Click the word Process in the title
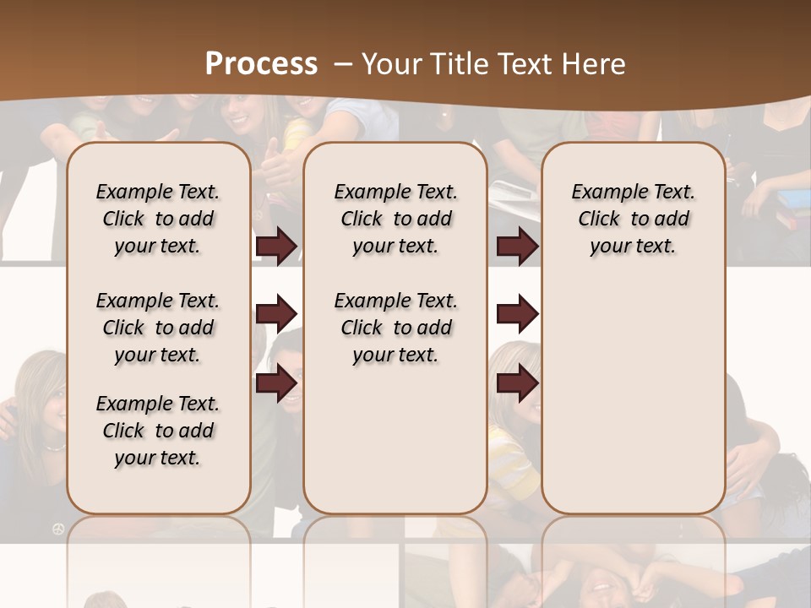point(261,64)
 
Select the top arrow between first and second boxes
point(276,247)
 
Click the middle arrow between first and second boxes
point(276,315)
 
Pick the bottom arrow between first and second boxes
point(276,383)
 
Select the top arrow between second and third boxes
point(517,247)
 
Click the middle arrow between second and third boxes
point(517,315)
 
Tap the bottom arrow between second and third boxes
point(517,383)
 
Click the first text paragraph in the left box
point(158,219)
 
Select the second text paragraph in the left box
point(158,328)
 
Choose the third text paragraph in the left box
point(158,431)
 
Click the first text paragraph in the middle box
point(395,219)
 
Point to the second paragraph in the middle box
point(395,328)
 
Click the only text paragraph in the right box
point(634,219)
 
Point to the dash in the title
point(343,64)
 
